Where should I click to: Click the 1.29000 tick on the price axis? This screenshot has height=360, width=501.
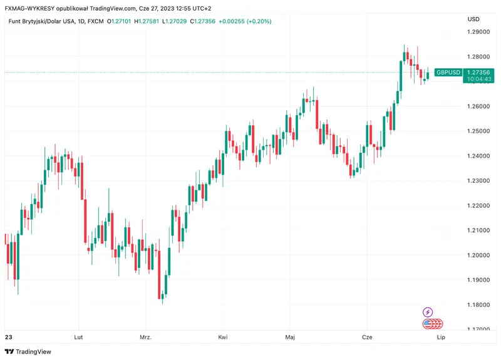tap(479, 31)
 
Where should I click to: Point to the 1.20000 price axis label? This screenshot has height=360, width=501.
tap(479, 255)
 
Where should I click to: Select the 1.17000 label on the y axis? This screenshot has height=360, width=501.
tap(479, 329)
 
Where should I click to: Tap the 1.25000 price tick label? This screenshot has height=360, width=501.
tap(479, 131)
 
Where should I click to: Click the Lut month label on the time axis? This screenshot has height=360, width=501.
tap(79, 337)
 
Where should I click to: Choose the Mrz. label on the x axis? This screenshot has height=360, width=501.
tap(145, 337)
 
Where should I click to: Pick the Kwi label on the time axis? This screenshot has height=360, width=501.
tap(222, 337)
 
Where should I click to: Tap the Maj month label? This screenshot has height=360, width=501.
tap(289, 337)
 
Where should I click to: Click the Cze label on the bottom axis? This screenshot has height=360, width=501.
tap(367, 337)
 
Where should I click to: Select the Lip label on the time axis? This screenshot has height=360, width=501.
tap(440, 337)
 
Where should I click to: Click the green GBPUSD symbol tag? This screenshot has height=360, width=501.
tap(448, 73)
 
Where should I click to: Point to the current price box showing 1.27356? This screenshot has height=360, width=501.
tap(479, 73)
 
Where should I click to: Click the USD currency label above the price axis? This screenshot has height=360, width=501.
tap(473, 19)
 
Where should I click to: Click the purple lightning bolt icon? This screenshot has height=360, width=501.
tap(428, 312)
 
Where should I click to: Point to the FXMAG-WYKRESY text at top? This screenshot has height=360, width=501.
tap(32, 8)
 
